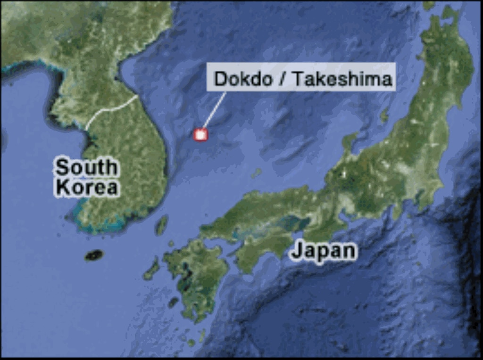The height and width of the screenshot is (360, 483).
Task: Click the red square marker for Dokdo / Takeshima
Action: click(201, 135)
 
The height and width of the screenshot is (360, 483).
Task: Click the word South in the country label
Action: click(85, 168)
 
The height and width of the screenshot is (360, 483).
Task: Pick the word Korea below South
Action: click(86, 188)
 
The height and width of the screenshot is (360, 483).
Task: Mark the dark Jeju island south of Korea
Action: click(94, 255)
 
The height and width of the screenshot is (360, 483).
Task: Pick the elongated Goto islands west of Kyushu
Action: click(152, 269)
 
